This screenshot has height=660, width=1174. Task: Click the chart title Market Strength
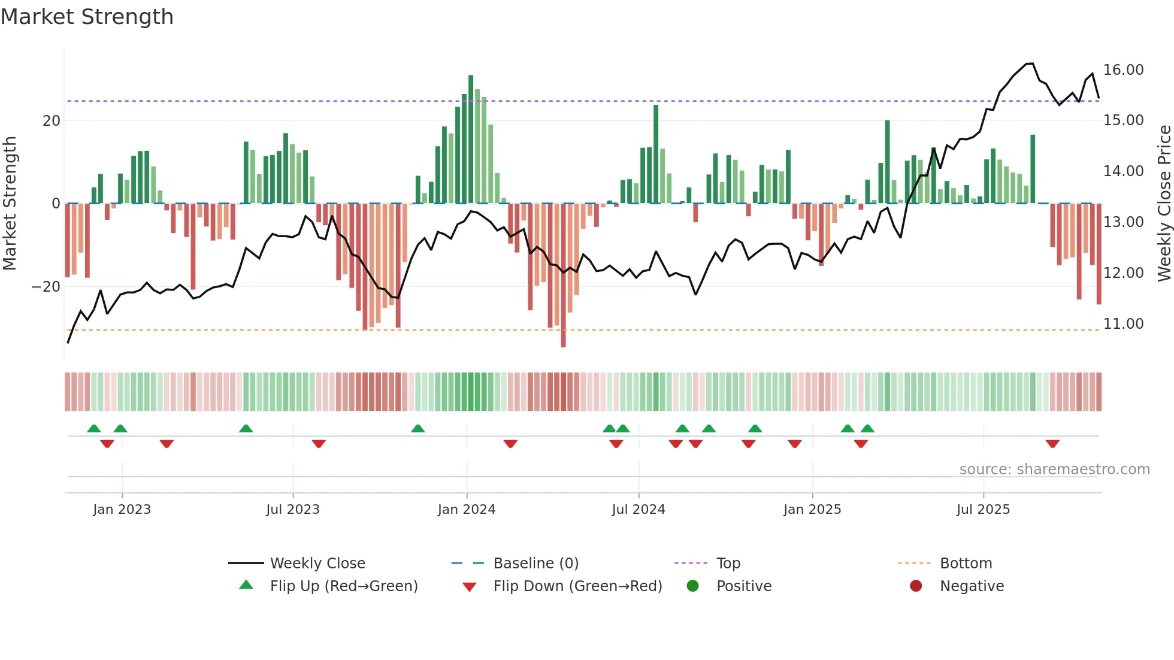pos(87,17)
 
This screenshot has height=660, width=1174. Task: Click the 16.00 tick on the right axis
pos(1123,70)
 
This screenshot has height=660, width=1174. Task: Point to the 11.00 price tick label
pos(1123,324)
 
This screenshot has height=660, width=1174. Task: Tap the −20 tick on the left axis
pos(46,287)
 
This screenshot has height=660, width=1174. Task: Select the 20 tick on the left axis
pos(52,121)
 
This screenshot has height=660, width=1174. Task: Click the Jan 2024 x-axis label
pos(467,510)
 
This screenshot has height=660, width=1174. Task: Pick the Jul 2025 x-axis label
pos(983,510)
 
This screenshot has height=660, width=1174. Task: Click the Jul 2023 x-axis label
pos(293,510)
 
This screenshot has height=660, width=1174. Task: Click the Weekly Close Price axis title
pos(1164,204)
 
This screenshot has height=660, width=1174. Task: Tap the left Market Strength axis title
pos(10,204)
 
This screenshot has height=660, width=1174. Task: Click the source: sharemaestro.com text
pos(1054,470)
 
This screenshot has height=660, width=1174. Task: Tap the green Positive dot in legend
pos(693,586)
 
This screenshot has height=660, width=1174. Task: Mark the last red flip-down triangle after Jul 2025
pos(1052,444)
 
